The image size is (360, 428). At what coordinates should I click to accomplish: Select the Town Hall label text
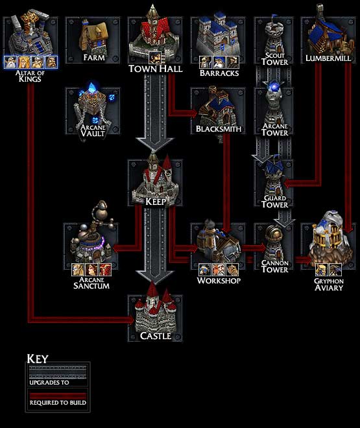click(155, 68)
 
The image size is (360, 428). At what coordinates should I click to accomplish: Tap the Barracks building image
click(218, 36)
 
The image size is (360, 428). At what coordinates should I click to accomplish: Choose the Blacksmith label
click(219, 129)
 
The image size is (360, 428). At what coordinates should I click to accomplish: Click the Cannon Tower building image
click(274, 241)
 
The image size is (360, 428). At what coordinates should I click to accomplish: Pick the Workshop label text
click(219, 281)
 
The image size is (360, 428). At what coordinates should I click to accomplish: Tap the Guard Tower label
click(274, 201)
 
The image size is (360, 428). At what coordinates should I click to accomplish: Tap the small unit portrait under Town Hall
click(155, 59)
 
